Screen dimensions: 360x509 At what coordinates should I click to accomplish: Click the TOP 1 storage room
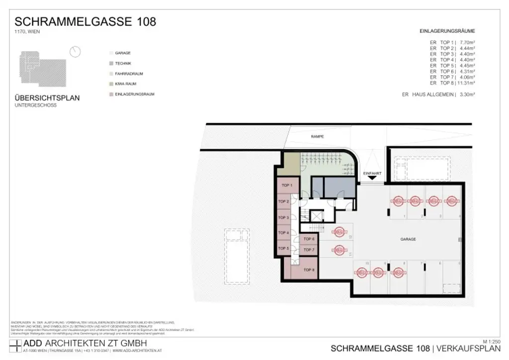(x=287, y=186)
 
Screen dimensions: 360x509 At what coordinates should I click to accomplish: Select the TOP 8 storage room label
(x=309, y=270)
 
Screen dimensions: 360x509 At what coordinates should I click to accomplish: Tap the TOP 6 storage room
(x=309, y=239)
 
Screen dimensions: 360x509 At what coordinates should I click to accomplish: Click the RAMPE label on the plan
(x=317, y=136)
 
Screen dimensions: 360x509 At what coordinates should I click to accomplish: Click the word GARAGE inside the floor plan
(x=408, y=239)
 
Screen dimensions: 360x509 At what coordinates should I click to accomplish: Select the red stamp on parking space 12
(x=339, y=232)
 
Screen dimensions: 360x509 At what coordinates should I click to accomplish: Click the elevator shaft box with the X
(x=316, y=215)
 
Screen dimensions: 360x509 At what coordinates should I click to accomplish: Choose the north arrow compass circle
(x=76, y=52)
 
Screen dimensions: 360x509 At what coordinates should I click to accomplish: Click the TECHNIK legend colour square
(x=110, y=63)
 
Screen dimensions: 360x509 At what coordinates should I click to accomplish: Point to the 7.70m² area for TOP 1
(x=467, y=42)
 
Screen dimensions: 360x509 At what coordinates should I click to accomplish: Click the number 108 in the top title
(x=145, y=21)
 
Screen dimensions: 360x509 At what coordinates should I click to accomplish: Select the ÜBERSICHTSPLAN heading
(x=47, y=98)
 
